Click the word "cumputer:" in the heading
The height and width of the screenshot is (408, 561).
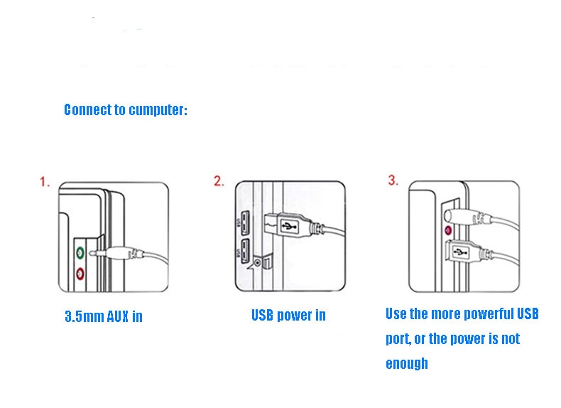158,110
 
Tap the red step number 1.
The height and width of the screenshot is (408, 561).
44,182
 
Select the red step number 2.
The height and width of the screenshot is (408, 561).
219,181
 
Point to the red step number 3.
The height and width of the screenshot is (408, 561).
393,180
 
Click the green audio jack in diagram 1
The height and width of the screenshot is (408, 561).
80,253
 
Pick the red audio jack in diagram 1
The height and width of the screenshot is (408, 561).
80,274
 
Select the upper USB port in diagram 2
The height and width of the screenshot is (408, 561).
245,223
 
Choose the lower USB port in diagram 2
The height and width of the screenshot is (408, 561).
245,251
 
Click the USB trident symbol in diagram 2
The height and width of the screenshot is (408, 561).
290,226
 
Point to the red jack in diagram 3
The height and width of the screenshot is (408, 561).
448,230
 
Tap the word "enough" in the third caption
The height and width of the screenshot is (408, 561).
407,364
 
